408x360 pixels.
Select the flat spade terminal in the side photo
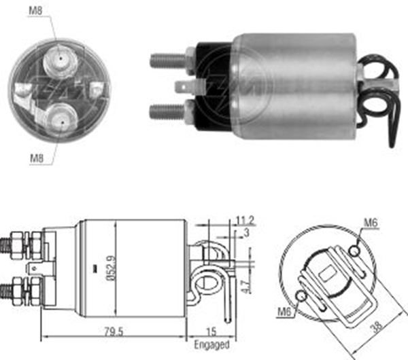point(184,87)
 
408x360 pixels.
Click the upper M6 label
point(370,222)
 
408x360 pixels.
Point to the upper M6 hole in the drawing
point(354,252)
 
